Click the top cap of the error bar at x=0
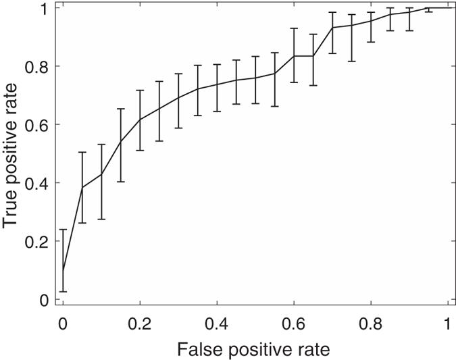(x=63, y=230)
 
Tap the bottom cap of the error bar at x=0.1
(x=101, y=219)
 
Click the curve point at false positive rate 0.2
(x=140, y=120)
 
